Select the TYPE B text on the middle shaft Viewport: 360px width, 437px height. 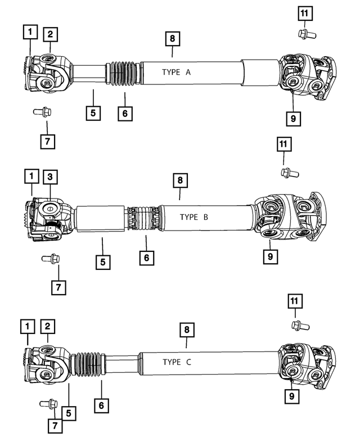(194, 217)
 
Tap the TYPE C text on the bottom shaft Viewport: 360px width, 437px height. (177, 362)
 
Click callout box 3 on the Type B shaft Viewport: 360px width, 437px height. (50, 177)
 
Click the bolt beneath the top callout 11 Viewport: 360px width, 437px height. (307, 35)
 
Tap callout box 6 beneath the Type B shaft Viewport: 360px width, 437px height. (145, 259)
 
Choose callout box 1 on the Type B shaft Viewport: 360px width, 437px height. (31, 177)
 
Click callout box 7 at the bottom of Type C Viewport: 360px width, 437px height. (56, 426)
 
